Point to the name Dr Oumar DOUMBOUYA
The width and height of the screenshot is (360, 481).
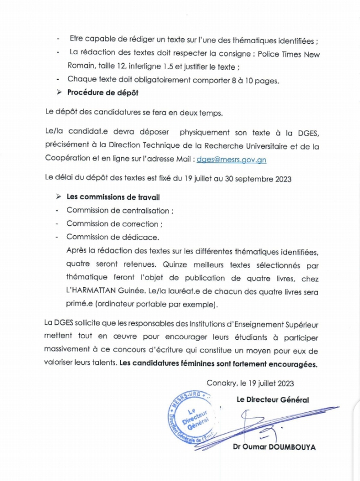click(x=275, y=447)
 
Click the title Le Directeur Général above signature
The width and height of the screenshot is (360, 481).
click(x=272, y=399)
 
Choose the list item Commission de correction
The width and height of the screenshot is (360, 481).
click(x=114, y=224)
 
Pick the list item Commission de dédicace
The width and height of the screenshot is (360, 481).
click(x=112, y=237)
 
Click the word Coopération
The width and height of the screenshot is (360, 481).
click(x=67, y=160)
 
